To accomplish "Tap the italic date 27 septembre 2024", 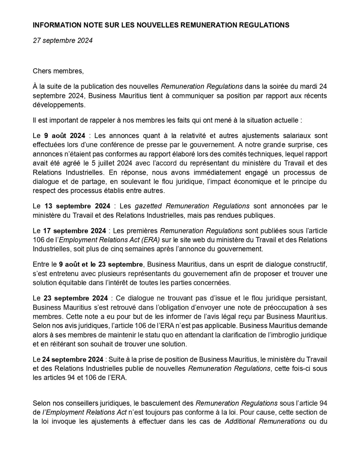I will click(x=63, y=41).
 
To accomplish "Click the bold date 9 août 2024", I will click(x=65, y=136).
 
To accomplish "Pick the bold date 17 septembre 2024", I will click(x=75, y=231).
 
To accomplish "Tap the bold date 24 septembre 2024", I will click(x=73, y=359).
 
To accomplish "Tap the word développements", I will click(x=59, y=105).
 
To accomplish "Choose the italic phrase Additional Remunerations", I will click(x=265, y=421).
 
